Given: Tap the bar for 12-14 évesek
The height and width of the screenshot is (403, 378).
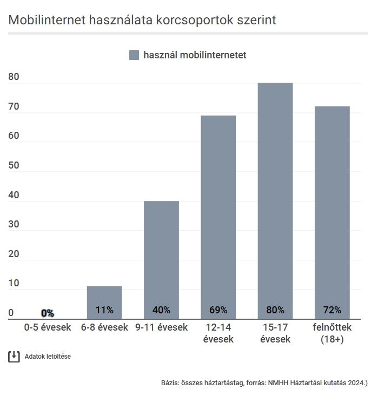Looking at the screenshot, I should click(x=218, y=216).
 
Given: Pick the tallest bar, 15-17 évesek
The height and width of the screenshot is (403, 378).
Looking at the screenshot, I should click(x=275, y=200).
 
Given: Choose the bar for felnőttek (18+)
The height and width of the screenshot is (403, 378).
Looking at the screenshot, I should click(x=332, y=211).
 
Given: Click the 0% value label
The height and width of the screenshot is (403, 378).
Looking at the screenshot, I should click(x=48, y=313).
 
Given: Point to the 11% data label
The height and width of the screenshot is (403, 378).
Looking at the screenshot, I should click(x=104, y=310).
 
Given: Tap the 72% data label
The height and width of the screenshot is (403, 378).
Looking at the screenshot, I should click(x=332, y=310).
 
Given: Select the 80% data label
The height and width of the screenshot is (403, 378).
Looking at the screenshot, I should click(x=275, y=310).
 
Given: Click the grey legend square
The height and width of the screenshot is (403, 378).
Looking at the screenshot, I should click(x=134, y=55).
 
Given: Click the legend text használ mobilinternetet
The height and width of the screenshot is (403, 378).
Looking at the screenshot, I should click(x=195, y=55).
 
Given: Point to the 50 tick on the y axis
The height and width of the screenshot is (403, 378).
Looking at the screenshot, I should click(x=14, y=165).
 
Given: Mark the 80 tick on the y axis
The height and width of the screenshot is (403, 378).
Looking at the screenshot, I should click(x=14, y=77).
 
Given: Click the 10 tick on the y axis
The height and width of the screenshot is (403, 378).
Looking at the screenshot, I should click(x=14, y=283).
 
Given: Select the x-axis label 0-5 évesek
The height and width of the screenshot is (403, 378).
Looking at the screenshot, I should click(x=48, y=327).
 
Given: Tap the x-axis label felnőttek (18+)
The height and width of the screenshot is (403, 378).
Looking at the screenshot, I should click(x=332, y=333).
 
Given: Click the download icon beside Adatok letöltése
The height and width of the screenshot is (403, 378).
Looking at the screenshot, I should click(x=14, y=357).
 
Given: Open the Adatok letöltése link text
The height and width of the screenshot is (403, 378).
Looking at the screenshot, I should click(x=48, y=357).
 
